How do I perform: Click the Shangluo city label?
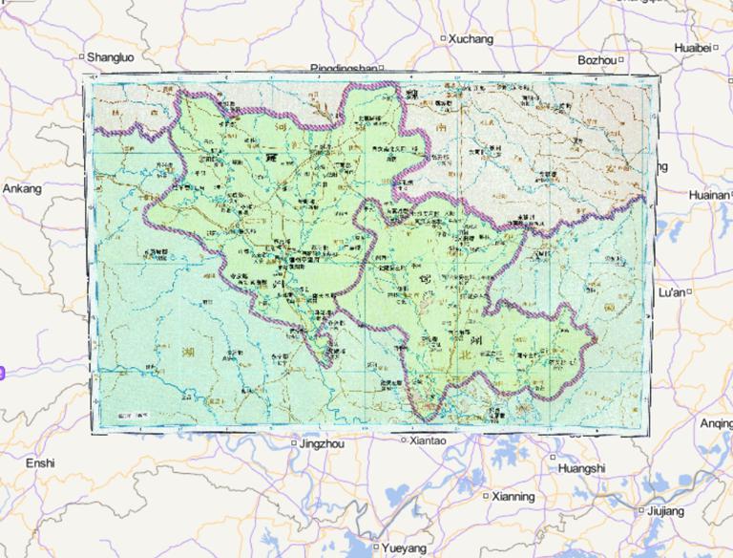click(x=111, y=57)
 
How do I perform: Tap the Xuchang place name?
click(x=471, y=39)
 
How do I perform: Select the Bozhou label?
click(x=597, y=59)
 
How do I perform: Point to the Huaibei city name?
click(x=692, y=47)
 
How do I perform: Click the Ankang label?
click(x=22, y=189)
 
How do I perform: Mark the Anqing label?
click(x=716, y=423)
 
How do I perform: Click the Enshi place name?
click(x=40, y=463)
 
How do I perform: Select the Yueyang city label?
click(x=405, y=549)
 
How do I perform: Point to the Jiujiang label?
click(x=664, y=512)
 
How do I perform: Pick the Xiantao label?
click(x=427, y=441)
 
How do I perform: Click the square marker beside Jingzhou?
click(x=293, y=444)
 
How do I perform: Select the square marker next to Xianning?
click(x=485, y=497)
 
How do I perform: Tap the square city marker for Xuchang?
click(x=443, y=38)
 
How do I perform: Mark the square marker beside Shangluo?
click(x=82, y=56)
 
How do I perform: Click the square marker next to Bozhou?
click(x=621, y=59)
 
